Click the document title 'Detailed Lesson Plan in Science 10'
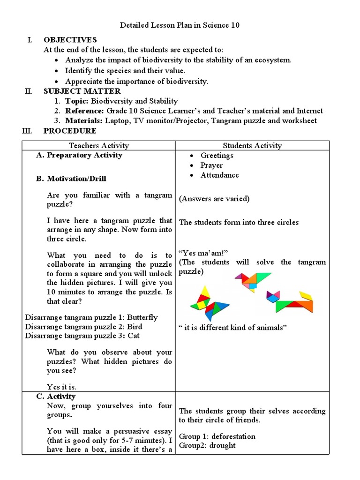click(x=180, y=25)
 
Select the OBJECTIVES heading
click(x=70, y=40)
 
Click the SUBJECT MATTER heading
click(x=82, y=91)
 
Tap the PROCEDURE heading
click(x=70, y=131)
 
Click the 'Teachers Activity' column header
click(x=98, y=146)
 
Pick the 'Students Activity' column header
click(x=252, y=146)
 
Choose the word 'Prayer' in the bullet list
click(x=211, y=165)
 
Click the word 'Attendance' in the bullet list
click(x=219, y=175)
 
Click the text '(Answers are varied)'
click(x=214, y=199)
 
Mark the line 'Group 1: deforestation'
click(x=217, y=436)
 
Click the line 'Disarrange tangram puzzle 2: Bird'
click(x=83, y=327)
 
